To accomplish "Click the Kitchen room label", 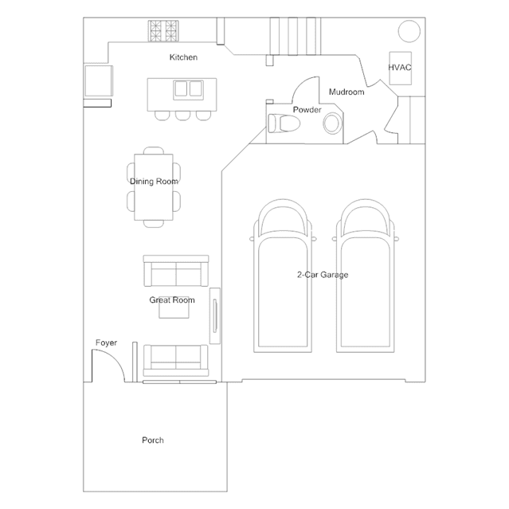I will (183, 57).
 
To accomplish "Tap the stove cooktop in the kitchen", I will (165, 31).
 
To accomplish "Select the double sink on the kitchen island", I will (188, 88).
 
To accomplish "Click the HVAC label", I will (400, 68).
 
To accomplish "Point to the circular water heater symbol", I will (409, 31).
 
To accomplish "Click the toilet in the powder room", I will (283, 123).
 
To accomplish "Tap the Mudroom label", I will (347, 92).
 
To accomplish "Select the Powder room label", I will (307, 109).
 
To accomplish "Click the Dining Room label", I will (154, 182).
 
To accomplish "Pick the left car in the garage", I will (280, 275).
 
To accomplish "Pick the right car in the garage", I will (365, 275).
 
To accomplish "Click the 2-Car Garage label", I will (323, 275).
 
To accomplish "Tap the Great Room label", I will (172, 300).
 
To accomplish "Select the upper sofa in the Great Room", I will (175, 272).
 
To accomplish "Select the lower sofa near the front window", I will (175, 360).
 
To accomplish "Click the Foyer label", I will (106, 343).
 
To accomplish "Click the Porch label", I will (153, 440).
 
